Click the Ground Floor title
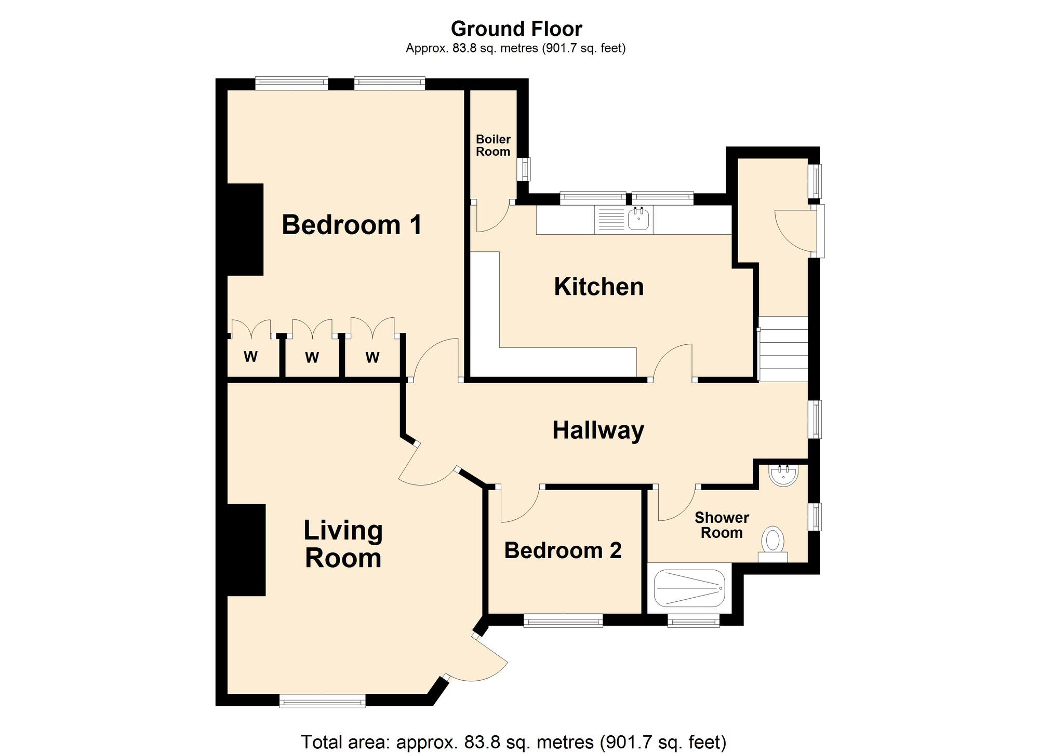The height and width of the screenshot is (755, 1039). coord(516,29)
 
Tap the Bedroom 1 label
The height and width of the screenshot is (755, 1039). coord(352,225)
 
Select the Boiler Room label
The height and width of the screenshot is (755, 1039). coord(493,145)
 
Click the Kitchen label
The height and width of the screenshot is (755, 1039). coord(598,287)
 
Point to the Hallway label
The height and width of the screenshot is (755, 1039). coord(598,430)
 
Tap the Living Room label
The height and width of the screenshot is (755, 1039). coord(343,544)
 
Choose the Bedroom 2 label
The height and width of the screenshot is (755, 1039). coord(563,550)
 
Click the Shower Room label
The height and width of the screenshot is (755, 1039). coord(722,525)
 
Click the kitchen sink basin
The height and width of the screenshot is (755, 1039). coord(638,220)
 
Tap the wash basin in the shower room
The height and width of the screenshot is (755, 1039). coord(782,475)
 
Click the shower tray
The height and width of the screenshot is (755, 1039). coord(689,588)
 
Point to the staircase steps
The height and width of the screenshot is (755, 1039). coord(783,349)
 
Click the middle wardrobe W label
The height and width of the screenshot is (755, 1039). coord(312,357)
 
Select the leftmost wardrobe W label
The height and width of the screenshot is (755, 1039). coord(251,357)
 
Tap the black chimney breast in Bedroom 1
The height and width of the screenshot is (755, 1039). coord(245,229)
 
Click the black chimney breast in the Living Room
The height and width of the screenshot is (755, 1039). coord(246,549)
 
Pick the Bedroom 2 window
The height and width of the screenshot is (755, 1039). coord(563,620)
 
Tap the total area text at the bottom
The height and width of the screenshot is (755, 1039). coord(513,741)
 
